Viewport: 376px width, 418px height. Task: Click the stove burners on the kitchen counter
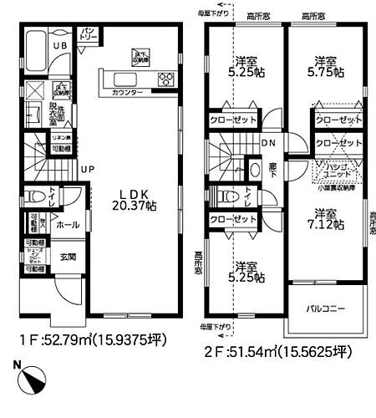coord(165,79)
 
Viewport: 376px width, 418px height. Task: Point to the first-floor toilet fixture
coord(33,197)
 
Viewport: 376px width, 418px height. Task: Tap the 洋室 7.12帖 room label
coord(326,218)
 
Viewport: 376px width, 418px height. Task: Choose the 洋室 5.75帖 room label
coord(326,66)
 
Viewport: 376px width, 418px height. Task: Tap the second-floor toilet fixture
coord(222,197)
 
